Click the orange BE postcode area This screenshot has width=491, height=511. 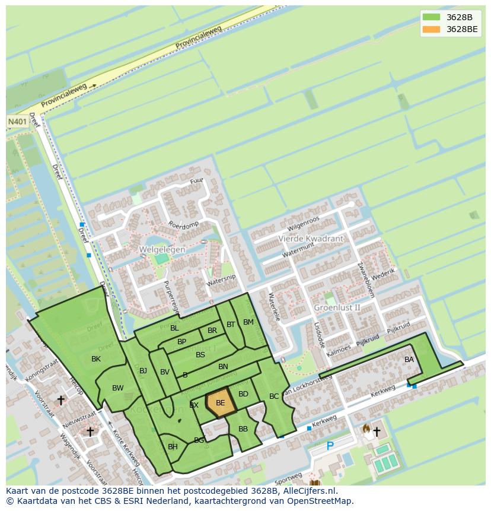click(x=221, y=403)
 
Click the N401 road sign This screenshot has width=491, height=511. click(x=17, y=121)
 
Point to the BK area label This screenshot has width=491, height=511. click(x=96, y=359)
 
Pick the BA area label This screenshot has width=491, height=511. click(x=409, y=360)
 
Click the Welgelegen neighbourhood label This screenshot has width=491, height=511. click(x=162, y=250)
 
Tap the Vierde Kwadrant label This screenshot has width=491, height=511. click(x=311, y=239)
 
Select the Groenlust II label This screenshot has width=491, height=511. click(x=337, y=307)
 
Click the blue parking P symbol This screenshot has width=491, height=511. click(x=330, y=446)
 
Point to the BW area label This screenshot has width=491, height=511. click(x=118, y=388)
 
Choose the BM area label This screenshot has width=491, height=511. click(x=248, y=322)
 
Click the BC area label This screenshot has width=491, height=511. click(x=274, y=396)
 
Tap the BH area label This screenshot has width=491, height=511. click(x=173, y=447)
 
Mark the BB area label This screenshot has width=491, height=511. click(x=243, y=429)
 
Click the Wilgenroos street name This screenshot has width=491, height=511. click(x=303, y=224)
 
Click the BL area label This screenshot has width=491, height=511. click(x=174, y=328)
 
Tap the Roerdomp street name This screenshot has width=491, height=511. click(x=184, y=226)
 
